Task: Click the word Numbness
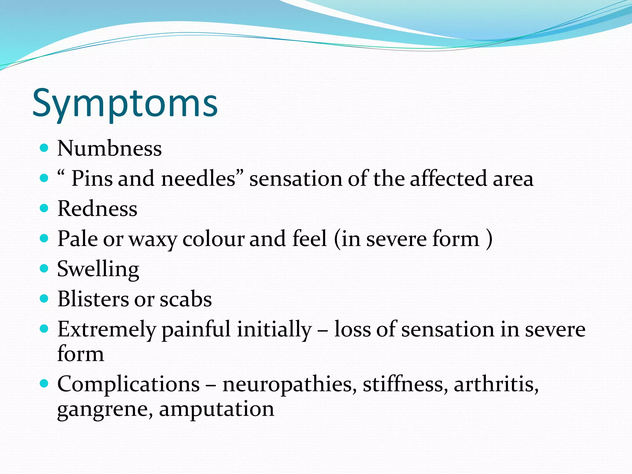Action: click(110, 149)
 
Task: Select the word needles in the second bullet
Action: click(198, 179)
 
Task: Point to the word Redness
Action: click(97, 209)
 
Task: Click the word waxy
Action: click(153, 239)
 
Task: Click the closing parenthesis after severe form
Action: click(489, 239)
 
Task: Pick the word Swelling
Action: click(98, 269)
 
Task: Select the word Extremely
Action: click(107, 330)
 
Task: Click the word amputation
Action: click(216, 409)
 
